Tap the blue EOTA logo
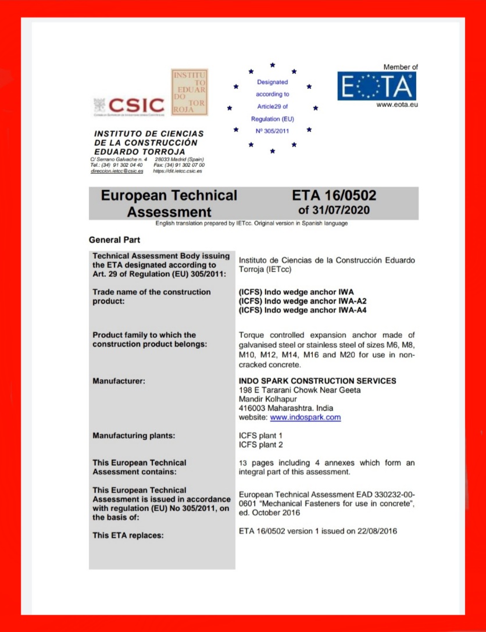point(377,85)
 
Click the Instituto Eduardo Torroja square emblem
point(189,92)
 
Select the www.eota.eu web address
point(397,105)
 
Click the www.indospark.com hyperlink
point(305,417)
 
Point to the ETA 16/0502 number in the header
point(334,196)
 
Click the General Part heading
point(114,240)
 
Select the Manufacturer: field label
point(119,381)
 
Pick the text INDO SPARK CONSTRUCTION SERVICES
point(317,381)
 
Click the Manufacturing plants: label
point(134,435)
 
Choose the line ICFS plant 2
point(260,445)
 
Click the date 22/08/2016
point(378,531)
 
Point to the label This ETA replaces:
point(128,535)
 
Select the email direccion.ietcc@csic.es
point(117,171)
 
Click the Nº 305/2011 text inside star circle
point(272,131)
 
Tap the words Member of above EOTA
point(400,67)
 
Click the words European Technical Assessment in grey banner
point(169,203)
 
